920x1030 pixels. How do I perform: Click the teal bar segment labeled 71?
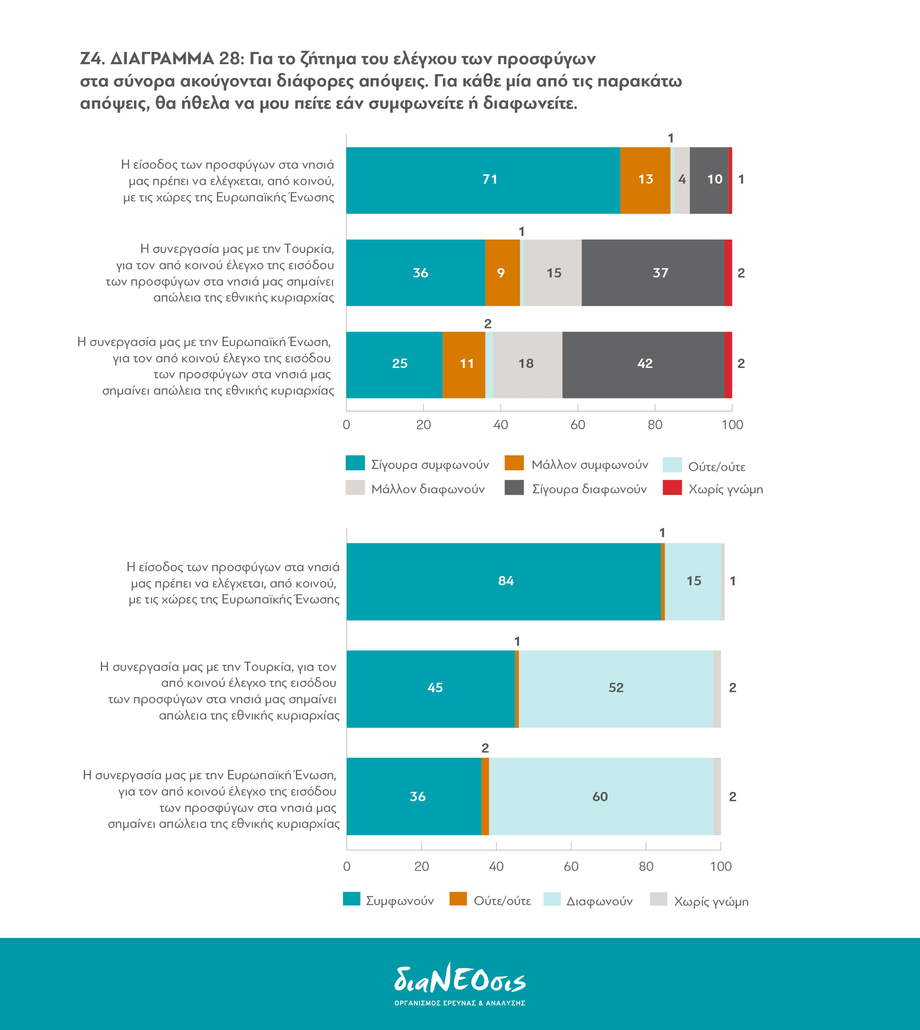click(x=483, y=180)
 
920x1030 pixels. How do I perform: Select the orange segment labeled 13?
click(x=645, y=180)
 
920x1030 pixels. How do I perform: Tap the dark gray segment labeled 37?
click(x=653, y=273)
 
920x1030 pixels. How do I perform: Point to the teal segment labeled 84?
click(x=504, y=582)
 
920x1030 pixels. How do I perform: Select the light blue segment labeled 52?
click(x=615, y=689)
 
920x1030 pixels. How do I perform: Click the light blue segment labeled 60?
click(x=600, y=796)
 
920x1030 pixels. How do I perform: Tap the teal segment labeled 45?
click(x=431, y=689)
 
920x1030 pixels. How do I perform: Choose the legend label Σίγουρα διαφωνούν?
click(x=589, y=489)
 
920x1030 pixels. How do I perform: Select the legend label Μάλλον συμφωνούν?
click(x=589, y=465)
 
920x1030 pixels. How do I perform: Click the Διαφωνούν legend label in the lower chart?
click(x=599, y=901)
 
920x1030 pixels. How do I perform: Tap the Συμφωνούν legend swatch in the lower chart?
click(x=351, y=899)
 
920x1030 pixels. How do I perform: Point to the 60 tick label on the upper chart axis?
click(x=577, y=425)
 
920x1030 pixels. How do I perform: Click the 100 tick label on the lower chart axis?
click(x=720, y=867)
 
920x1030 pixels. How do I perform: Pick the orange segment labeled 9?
click(x=502, y=273)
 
